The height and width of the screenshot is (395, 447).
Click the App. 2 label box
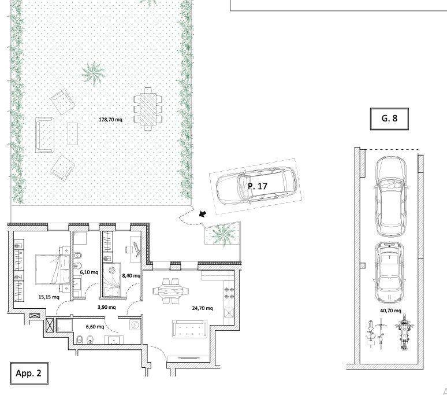point(29,373)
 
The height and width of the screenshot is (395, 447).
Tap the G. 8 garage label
point(389,119)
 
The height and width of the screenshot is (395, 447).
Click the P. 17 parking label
point(258,186)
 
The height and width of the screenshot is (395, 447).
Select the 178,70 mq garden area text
point(111,120)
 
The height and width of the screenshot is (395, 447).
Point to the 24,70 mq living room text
point(202,308)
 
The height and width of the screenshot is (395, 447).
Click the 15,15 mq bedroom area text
point(49,297)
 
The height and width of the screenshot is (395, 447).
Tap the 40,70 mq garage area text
point(390,311)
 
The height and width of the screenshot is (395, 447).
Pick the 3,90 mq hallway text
point(107,307)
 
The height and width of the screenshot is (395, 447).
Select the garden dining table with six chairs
point(148,109)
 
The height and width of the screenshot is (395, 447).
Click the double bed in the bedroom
point(53,270)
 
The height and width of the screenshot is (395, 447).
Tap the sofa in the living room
point(190,329)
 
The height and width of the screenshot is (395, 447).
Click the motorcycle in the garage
point(403,332)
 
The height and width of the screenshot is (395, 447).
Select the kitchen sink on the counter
point(229,313)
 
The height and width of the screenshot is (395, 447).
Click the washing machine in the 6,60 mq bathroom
point(135,325)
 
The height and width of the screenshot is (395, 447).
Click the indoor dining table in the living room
point(170,291)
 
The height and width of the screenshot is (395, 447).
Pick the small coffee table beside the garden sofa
point(73,134)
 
